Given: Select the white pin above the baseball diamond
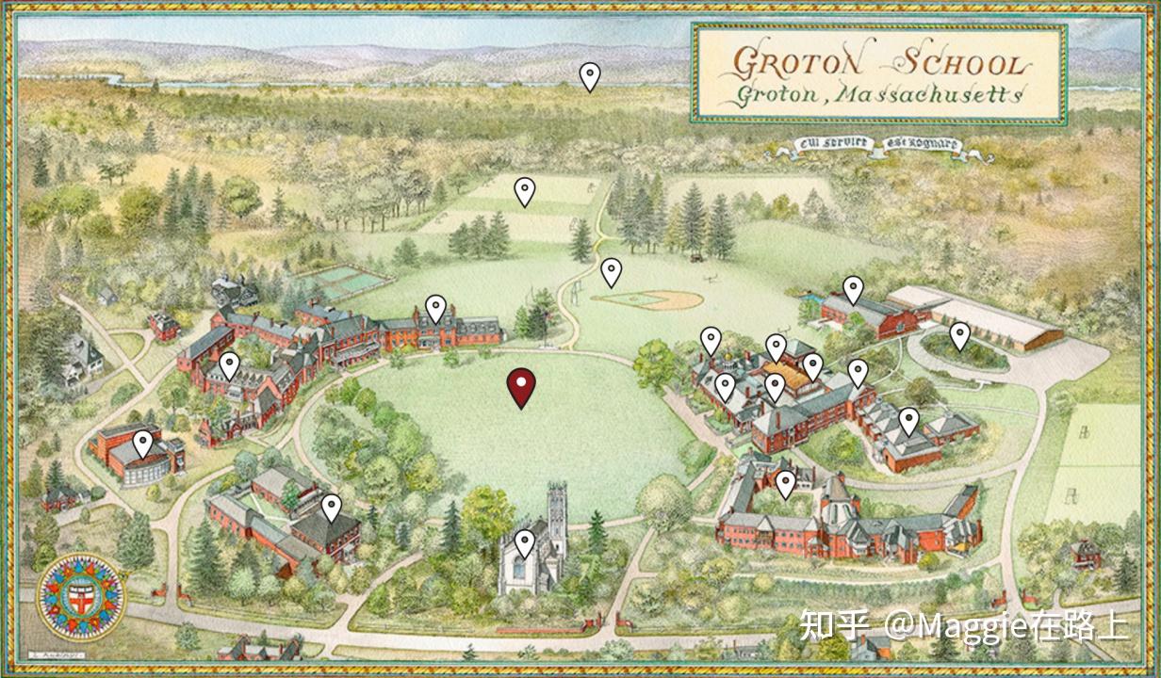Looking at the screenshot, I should pyautogui.click(x=612, y=271).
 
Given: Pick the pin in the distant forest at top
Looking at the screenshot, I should pyautogui.click(x=590, y=75).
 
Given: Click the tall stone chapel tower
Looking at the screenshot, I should pyautogui.click(x=554, y=508).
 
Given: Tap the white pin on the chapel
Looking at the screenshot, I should pyautogui.click(x=525, y=542).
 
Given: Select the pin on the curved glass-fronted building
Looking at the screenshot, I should pyautogui.click(x=143, y=443).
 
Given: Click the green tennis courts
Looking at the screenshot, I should pyautogui.click(x=349, y=279).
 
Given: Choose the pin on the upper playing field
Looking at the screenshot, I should pyautogui.click(x=525, y=191).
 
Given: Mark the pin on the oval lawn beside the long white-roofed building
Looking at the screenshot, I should pyautogui.click(x=959, y=335).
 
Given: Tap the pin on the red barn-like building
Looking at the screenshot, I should pyautogui.click(x=853, y=289).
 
